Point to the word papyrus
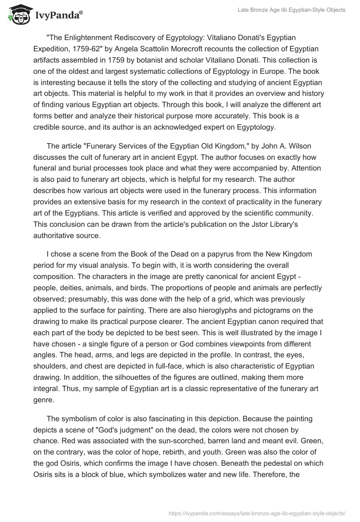click(212, 254)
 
